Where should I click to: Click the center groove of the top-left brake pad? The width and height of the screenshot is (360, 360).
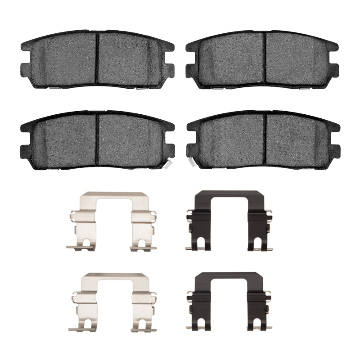tap(98, 58)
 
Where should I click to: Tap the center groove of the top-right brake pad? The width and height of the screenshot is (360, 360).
tap(265, 58)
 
